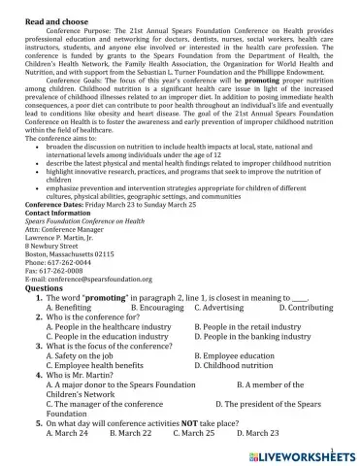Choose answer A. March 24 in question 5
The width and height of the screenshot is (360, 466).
coord(68,432)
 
